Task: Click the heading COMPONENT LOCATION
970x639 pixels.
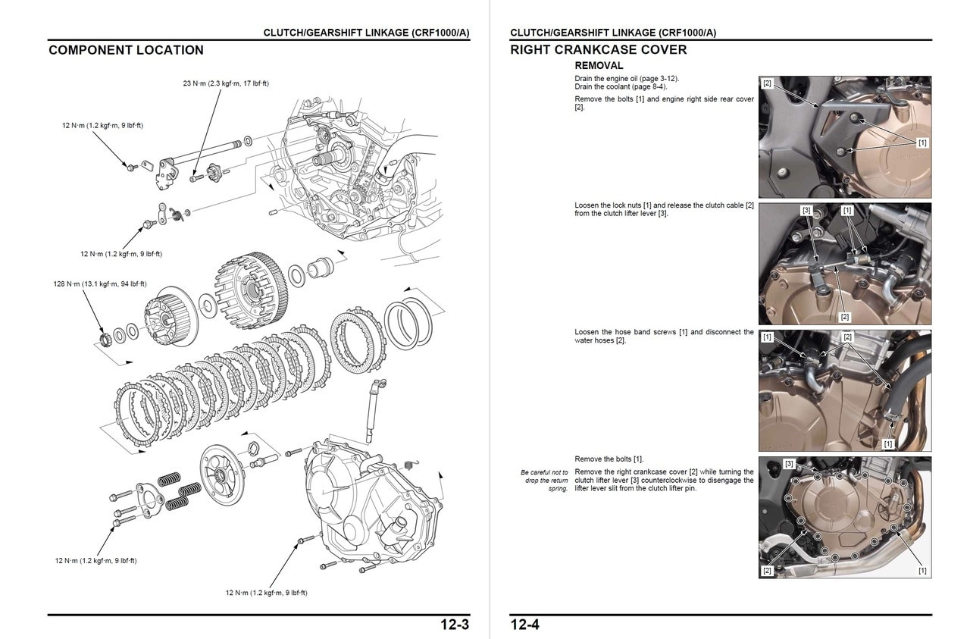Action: point(126,51)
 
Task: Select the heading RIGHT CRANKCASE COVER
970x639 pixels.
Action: point(598,51)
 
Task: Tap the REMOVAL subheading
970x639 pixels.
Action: point(599,66)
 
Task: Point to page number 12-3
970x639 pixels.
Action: point(455,625)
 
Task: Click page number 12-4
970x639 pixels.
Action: point(524,625)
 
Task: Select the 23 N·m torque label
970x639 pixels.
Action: point(226,83)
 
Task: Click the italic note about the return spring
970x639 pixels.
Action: point(544,481)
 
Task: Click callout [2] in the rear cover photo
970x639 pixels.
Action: point(767,83)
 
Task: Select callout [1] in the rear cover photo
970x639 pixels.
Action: point(921,143)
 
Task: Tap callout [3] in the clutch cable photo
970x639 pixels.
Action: point(806,210)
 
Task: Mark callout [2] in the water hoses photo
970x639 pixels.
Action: point(847,337)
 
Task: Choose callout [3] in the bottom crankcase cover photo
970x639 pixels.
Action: point(789,463)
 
